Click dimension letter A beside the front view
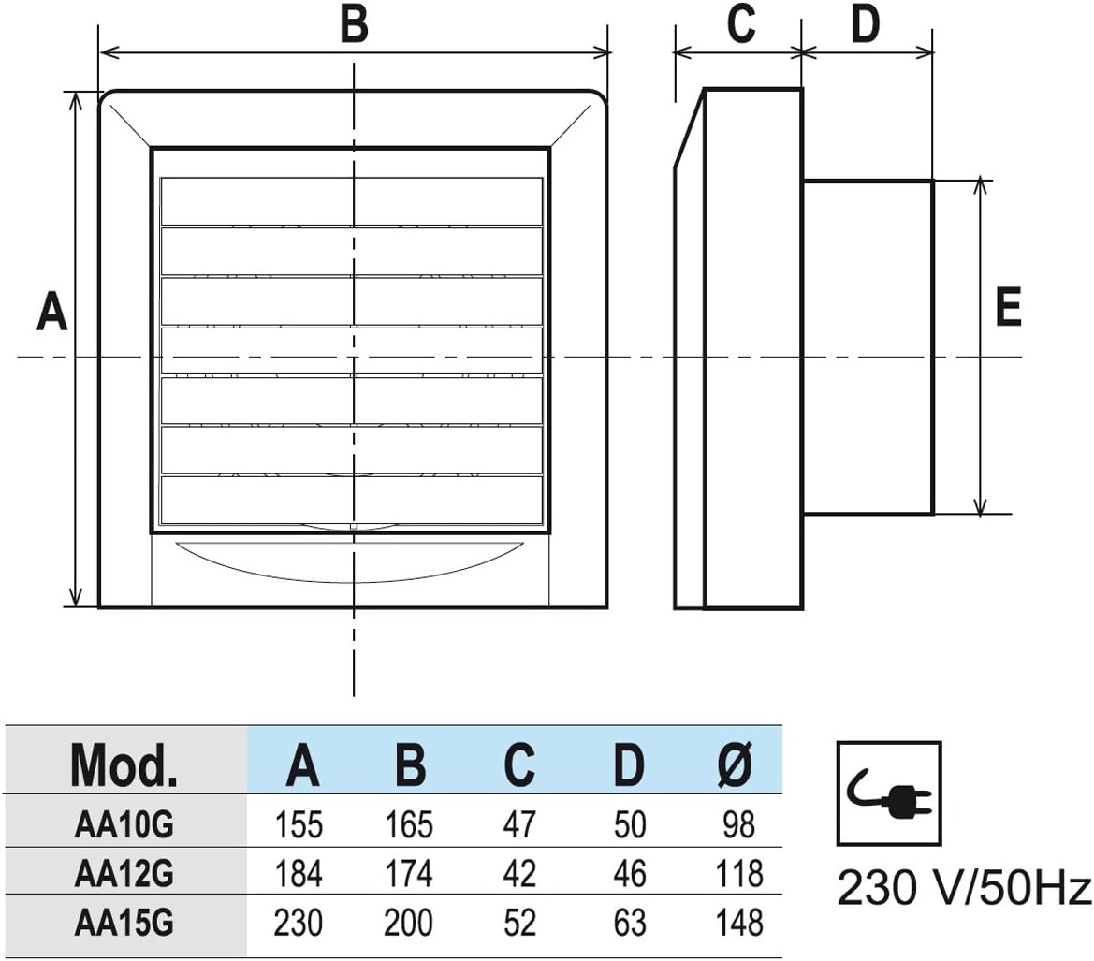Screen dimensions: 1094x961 point(51,312)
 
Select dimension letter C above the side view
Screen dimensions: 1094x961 point(740,23)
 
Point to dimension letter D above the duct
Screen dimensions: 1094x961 point(865,23)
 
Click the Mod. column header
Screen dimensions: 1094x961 point(124,765)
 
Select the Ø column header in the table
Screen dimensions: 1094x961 point(736,764)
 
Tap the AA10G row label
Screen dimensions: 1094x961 point(124,825)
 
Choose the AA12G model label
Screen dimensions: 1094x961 point(124,874)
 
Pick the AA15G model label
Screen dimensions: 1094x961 point(124,923)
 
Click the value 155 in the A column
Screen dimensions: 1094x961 point(299,825)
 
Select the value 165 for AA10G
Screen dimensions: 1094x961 point(409,825)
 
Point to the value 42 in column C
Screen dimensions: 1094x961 point(519,874)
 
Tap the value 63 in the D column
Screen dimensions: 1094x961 point(629,923)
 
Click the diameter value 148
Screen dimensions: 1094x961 point(739,923)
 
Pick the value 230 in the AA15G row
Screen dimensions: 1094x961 point(299,923)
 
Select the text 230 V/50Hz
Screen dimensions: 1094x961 point(964,888)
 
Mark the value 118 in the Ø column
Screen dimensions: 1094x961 point(739,874)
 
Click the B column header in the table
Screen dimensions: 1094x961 point(410,765)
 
